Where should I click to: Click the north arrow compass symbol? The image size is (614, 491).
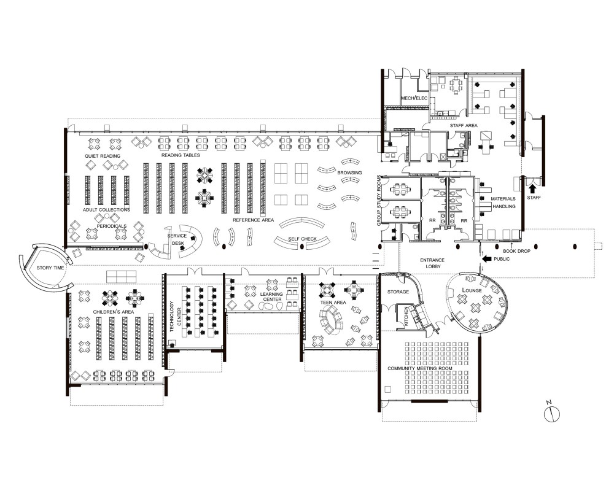pos(552,414)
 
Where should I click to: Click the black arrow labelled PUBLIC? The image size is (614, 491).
pos(486,259)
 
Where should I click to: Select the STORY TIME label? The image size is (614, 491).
pos(50,268)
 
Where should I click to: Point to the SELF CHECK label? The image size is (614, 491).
pos(302,239)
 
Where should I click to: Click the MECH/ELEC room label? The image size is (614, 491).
pos(414,98)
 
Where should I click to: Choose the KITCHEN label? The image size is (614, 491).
pos(406,317)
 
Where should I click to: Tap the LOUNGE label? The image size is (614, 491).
pos(472,290)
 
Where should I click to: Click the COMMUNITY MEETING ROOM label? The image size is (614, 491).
pos(420,368)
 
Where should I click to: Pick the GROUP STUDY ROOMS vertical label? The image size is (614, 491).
pos(379,201)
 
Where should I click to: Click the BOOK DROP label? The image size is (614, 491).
pos(516,251)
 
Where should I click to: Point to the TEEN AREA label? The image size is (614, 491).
pos(333,303)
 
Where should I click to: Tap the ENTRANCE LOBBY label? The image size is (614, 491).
pos(432,263)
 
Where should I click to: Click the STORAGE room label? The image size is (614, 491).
pos(398,292)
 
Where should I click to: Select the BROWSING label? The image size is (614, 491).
pos(349,172)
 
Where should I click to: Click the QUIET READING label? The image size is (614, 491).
pos(103,156)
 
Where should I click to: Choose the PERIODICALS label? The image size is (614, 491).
pos(112,226)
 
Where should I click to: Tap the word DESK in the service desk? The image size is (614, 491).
pos(178,243)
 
